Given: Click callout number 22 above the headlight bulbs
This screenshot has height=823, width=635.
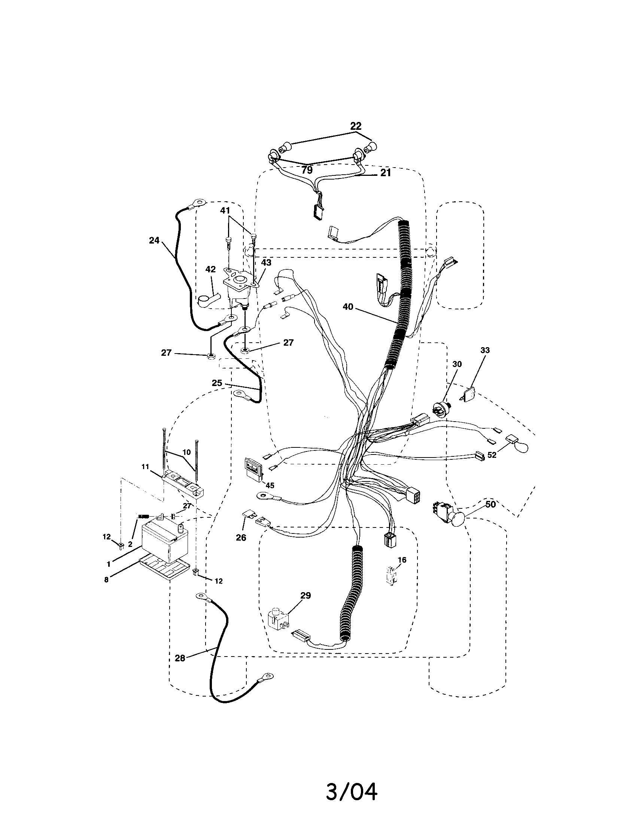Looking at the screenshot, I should [355, 126].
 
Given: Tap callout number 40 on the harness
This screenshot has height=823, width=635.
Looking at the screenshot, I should [348, 307].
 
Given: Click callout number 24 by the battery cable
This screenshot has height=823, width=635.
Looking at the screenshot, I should [154, 240].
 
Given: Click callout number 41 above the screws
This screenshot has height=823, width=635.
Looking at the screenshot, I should [225, 210].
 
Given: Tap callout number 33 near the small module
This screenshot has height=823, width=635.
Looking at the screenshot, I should [485, 350].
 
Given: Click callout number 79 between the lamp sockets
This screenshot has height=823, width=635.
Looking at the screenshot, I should [307, 170].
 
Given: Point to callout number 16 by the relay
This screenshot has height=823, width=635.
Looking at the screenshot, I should [402, 570].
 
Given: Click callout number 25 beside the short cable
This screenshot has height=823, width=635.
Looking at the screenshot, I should [217, 383].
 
